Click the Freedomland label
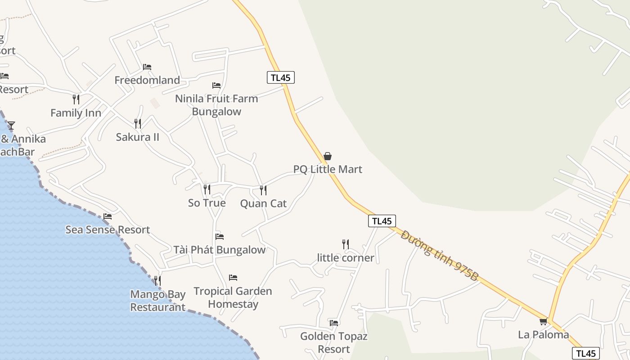[x=147, y=80]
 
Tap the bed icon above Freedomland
[x=147, y=67]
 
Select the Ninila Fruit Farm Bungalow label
[x=216, y=105]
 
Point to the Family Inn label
[x=76, y=112]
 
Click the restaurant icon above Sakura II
[x=138, y=123]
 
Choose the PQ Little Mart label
[x=328, y=169]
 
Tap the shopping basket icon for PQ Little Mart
[x=328, y=156]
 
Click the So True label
[x=207, y=203]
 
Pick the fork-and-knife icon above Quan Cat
[x=263, y=190]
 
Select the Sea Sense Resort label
[x=108, y=229]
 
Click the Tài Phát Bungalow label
[x=220, y=250]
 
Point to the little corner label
[x=346, y=258]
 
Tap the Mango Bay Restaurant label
[x=157, y=301]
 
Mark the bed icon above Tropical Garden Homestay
[x=233, y=278]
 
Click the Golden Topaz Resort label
[x=333, y=342]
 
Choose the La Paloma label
[x=544, y=334]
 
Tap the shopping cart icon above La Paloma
[x=544, y=321]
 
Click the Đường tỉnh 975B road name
[x=439, y=256]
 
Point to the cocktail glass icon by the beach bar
[x=11, y=126]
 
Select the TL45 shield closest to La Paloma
[x=586, y=354]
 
